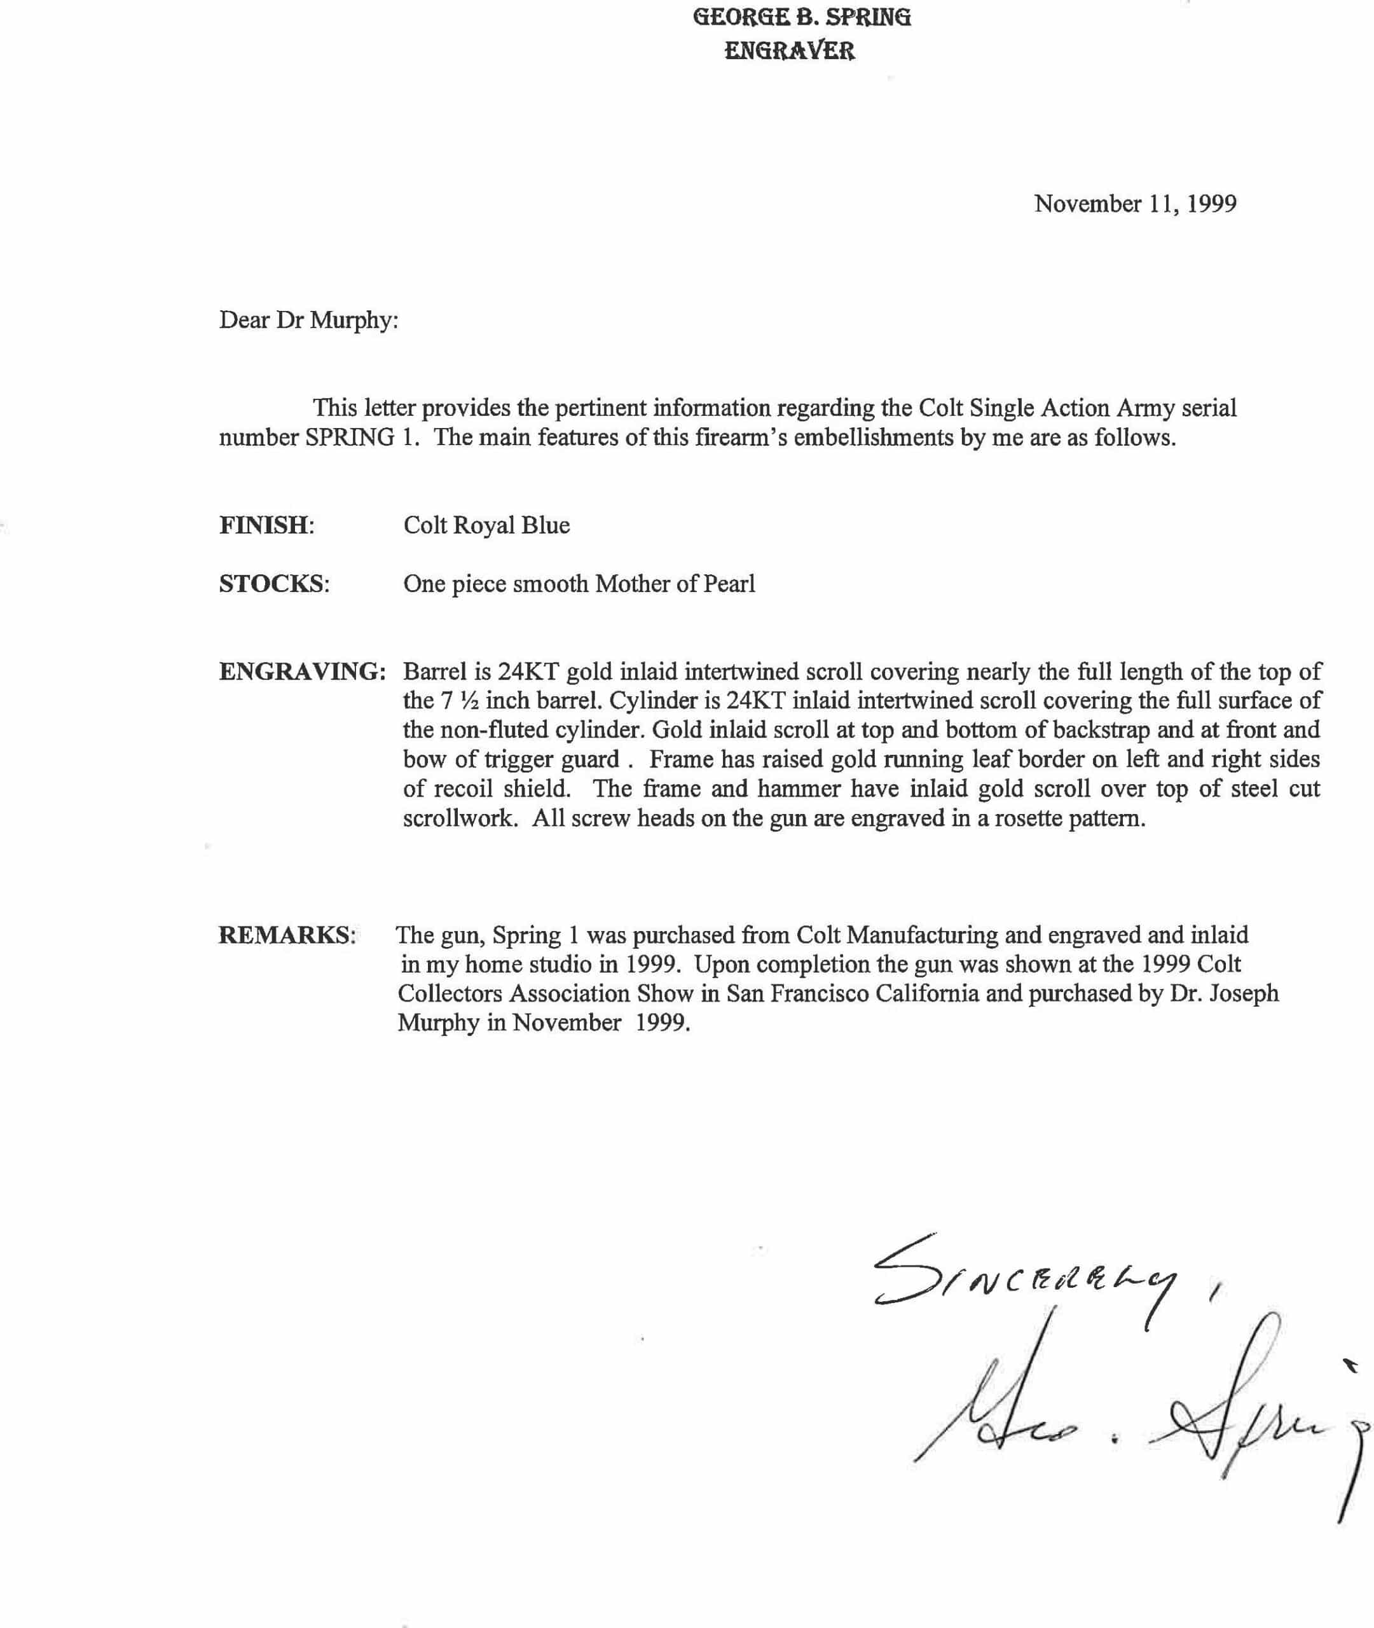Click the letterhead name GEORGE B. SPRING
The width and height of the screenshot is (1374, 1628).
point(802,17)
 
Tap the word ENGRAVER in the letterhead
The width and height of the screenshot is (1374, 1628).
point(790,52)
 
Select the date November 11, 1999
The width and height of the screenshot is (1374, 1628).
point(1135,204)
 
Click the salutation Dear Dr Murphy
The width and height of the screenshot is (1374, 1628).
point(308,320)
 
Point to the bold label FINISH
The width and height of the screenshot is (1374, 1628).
point(265,525)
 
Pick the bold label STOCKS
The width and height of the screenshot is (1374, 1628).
point(273,583)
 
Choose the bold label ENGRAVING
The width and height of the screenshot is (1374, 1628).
point(302,672)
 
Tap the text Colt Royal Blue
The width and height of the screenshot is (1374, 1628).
point(486,525)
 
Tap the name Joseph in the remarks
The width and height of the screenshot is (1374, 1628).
point(1242,994)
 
